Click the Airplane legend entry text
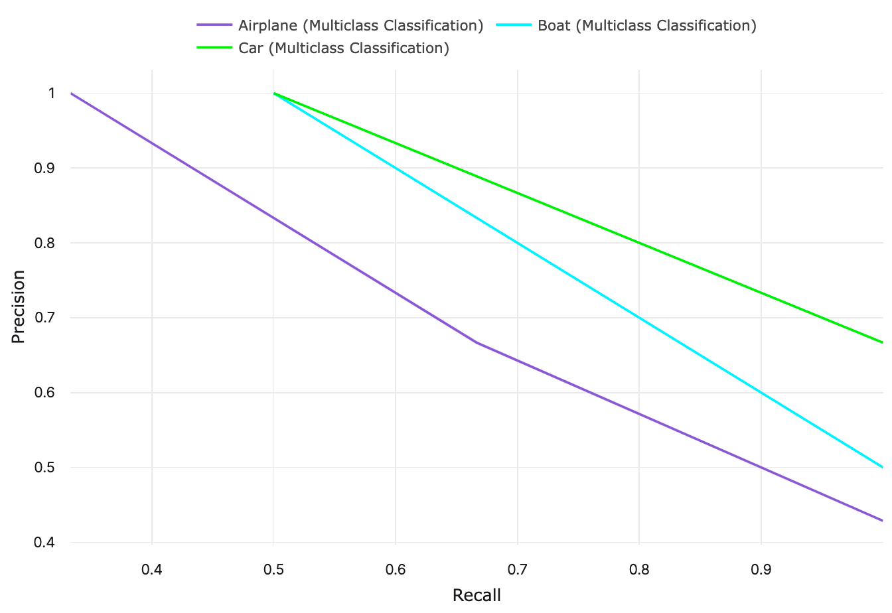point(360,26)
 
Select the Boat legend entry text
point(646,26)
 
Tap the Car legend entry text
point(343,48)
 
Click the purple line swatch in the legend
point(214,26)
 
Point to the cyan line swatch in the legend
point(515,26)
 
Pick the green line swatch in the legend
point(214,48)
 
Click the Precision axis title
point(19,306)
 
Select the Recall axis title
point(476,595)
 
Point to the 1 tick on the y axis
point(50,94)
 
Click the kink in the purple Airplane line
point(477,343)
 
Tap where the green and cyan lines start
point(273,94)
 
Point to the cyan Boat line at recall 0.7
point(518,243)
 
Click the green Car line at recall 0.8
point(639,243)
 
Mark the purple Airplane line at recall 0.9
point(761,468)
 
